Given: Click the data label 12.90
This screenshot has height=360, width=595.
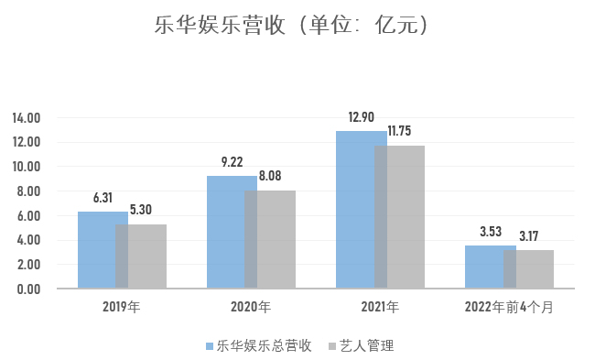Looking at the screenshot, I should [x=362, y=117].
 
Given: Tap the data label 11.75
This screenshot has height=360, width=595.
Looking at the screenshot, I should [x=401, y=131].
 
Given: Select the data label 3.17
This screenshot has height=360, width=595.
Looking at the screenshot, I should [x=530, y=236].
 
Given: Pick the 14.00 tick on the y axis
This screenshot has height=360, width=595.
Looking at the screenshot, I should [x=27, y=118].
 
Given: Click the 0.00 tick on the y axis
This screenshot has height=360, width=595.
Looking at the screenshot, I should [x=29, y=289].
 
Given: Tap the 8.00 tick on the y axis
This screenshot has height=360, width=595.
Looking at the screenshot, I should [x=29, y=191].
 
